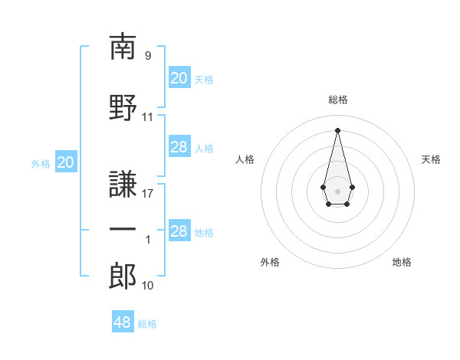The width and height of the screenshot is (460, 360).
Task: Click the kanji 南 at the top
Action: tap(123, 47)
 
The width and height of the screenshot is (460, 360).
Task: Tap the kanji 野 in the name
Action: tap(123, 107)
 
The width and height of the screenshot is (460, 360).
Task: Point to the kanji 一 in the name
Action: tap(123, 231)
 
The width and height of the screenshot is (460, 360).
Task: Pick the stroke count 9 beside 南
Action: tap(147, 56)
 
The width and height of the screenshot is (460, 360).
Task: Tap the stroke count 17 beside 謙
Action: tap(148, 193)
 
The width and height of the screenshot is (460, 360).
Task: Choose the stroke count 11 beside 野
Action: tap(148, 117)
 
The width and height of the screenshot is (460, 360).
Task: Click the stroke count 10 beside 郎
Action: tap(148, 286)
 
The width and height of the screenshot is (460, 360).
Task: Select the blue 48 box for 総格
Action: tap(123, 322)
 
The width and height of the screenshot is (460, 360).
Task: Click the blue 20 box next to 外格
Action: tap(66, 162)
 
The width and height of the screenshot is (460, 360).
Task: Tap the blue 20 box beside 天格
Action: tap(179, 78)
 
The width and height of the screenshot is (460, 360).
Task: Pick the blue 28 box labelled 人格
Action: tap(179, 147)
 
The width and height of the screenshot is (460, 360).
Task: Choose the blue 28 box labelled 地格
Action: tap(179, 231)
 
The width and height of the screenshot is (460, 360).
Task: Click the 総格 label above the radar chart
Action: tap(338, 100)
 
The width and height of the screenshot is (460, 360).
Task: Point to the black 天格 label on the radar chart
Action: tap(431, 159)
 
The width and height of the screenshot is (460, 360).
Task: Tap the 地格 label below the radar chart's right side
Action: tap(402, 262)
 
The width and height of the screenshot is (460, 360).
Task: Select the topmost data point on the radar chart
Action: tap(337, 129)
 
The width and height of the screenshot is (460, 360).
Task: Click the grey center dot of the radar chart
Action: tap(337, 190)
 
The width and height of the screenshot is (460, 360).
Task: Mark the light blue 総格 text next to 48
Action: tap(147, 324)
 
